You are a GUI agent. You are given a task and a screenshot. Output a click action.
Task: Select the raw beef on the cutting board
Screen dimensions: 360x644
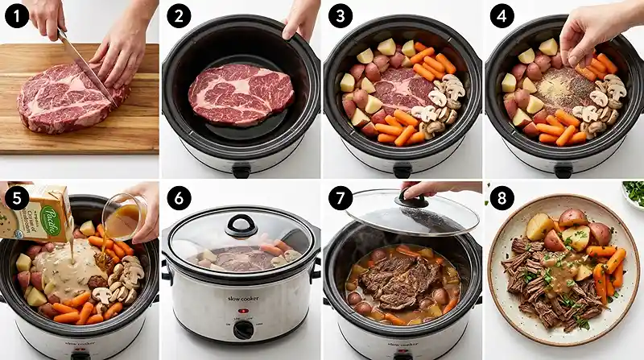pos(64,96)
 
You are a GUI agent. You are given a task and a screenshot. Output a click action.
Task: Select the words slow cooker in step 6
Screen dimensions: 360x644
pos(241,308)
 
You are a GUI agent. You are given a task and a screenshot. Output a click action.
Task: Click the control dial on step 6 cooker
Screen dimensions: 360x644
pos(241,330)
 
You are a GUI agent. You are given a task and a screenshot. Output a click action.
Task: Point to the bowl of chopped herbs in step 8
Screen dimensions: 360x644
pos(634,193)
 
